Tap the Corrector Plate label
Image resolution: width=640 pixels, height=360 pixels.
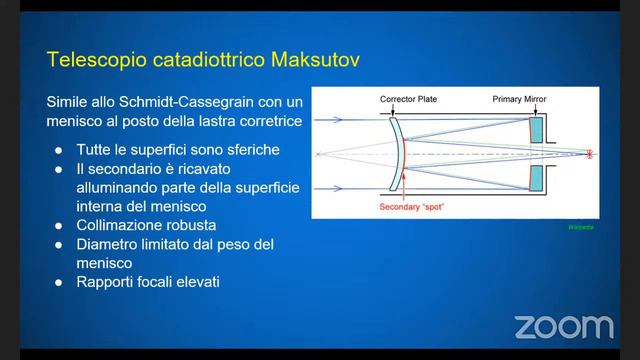(x=409, y=99)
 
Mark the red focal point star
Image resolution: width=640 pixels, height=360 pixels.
(x=589, y=154)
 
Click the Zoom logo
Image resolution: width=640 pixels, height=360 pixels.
(x=563, y=326)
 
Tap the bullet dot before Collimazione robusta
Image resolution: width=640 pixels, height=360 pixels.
(x=60, y=225)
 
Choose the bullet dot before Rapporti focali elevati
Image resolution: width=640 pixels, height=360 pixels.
(x=60, y=282)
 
